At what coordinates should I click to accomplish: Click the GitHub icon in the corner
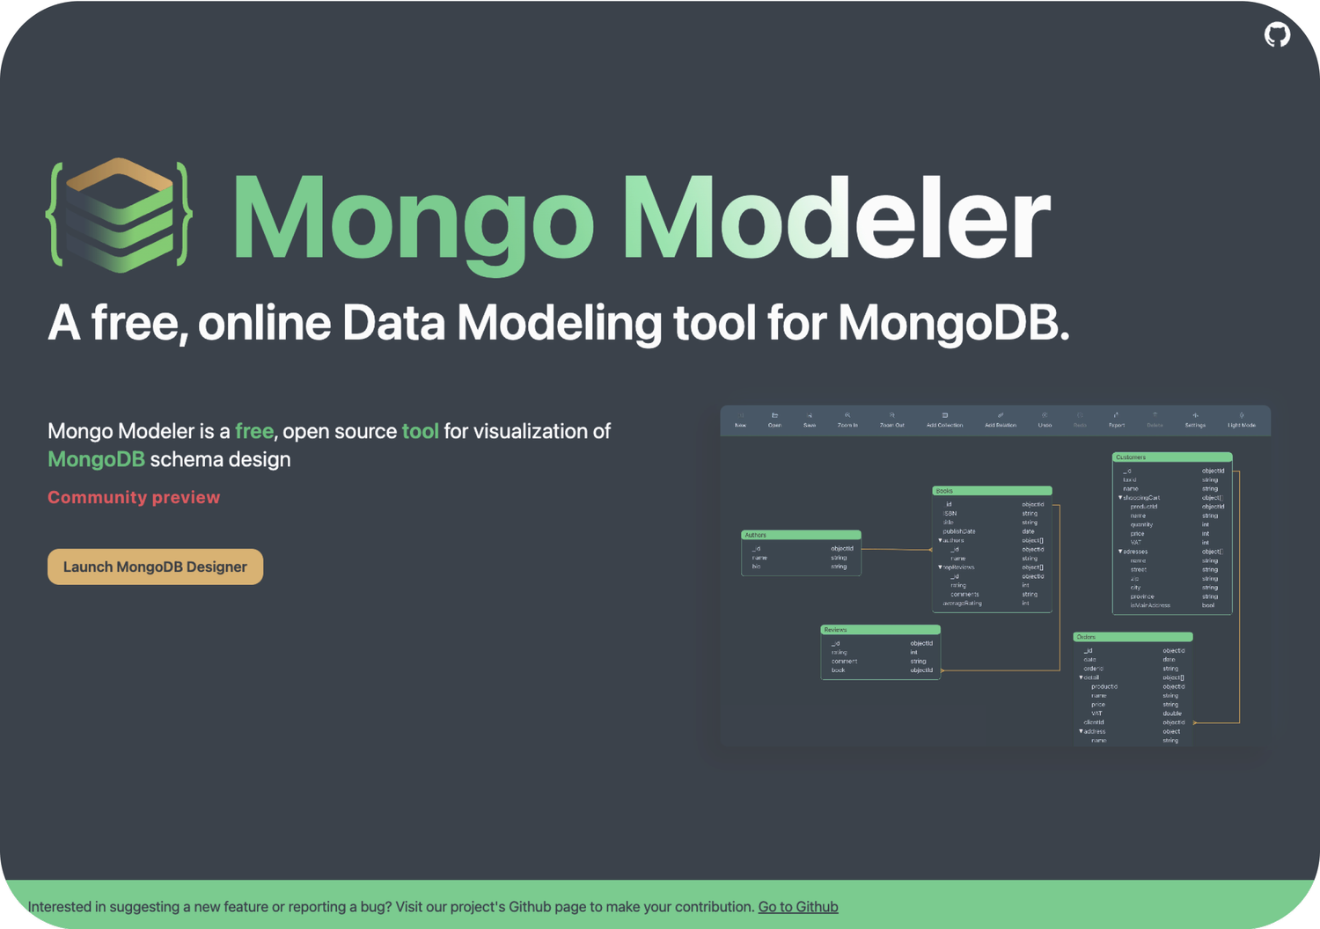coord(1277,35)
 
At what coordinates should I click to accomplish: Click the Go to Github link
coord(797,906)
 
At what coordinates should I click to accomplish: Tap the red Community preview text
coord(134,497)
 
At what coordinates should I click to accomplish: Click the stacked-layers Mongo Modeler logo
coord(120,215)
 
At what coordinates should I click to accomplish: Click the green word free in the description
coord(254,431)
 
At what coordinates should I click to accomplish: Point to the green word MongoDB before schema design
coord(96,459)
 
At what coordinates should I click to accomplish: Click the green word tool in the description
coord(420,431)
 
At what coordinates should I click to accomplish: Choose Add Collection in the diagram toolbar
coord(944,420)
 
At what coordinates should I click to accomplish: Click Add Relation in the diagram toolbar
coord(1001,420)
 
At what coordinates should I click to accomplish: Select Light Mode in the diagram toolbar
coord(1242,420)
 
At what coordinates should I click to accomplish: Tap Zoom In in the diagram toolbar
coord(847,420)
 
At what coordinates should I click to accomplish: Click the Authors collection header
coord(801,535)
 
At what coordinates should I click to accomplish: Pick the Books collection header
coord(992,491)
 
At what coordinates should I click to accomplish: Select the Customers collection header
coord(1172,457)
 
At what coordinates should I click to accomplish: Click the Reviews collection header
coord(880,630)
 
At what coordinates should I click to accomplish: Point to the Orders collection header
coord(1133,637)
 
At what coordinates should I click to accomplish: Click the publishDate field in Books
coord(959,531)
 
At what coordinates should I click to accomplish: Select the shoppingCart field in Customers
coord(1142,498)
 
